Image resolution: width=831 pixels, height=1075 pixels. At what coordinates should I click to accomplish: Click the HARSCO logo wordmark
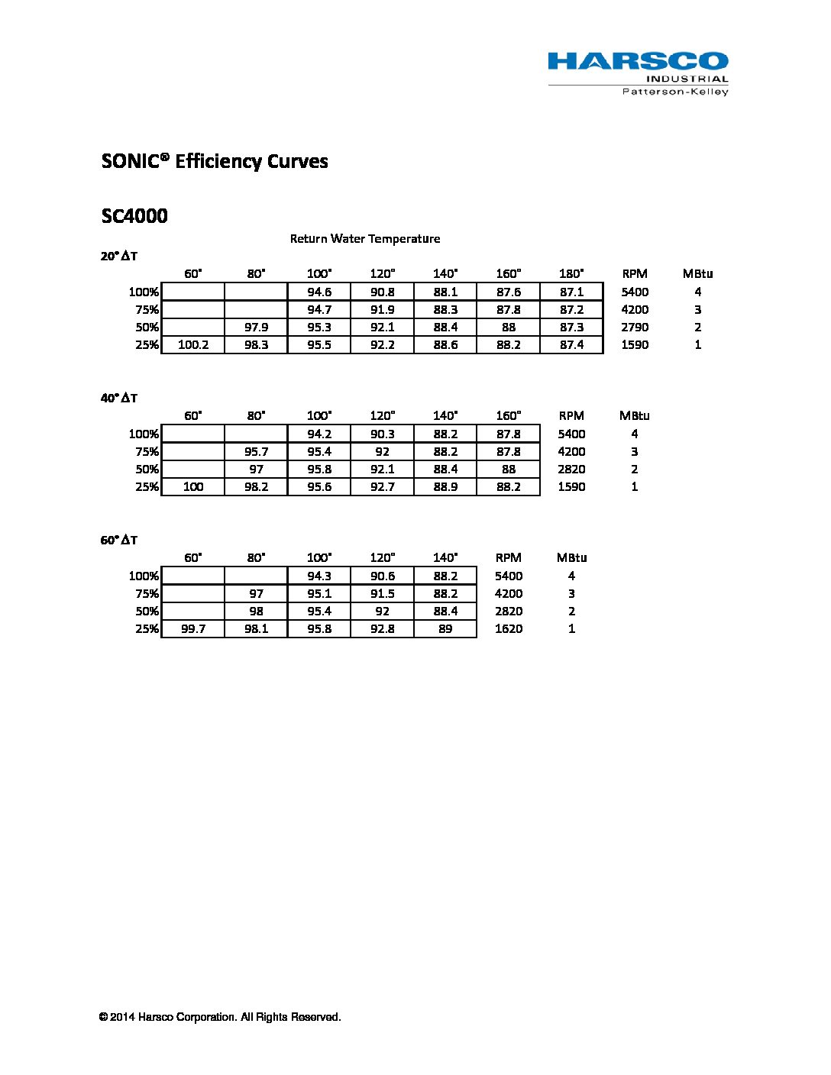click(638, 61)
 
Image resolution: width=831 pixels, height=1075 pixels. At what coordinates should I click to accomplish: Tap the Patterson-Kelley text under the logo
click(675, 92)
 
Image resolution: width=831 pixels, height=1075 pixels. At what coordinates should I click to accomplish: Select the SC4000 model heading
click(134, 216)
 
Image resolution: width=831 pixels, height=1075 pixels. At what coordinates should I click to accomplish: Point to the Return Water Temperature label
click(365, 239)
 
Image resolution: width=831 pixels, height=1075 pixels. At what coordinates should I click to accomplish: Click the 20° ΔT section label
click(119, 257)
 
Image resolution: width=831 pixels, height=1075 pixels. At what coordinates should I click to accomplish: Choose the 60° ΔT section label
click(119, 541)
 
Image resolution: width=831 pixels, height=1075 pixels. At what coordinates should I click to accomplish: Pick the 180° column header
click(571, 274)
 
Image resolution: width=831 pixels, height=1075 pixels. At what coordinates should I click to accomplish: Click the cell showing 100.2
click(193, 345)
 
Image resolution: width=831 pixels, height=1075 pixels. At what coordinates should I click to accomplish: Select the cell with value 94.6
click(319, 292)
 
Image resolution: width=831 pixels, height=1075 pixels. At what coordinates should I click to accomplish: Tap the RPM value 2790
click(635, 328)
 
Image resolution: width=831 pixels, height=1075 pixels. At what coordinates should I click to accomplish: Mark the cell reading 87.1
click(571, 292)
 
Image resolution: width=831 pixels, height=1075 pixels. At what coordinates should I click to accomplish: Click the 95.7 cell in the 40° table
click(256, 452)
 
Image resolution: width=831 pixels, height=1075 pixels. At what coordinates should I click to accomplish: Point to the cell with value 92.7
click(382, 487)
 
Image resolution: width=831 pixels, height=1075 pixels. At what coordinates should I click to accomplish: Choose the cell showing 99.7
click(193, 629)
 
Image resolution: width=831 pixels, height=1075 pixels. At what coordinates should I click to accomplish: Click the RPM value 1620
click(509, 629)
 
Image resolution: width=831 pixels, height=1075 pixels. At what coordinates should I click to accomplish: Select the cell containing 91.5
click(382, 594)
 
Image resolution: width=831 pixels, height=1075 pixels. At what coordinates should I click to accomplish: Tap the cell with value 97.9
click(256, 328)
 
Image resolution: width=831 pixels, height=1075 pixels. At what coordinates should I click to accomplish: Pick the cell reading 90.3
click(382, 434)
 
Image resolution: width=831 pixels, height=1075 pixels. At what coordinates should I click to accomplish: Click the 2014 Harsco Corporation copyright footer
click(220, 1018)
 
